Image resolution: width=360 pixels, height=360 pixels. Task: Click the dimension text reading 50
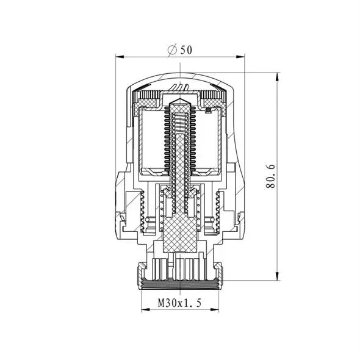click(185, 50)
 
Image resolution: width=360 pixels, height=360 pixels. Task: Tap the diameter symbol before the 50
click(173, 50)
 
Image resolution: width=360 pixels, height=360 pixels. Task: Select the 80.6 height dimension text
click(270, 176)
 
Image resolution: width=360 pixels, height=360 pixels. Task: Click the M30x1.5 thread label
click(179, 303)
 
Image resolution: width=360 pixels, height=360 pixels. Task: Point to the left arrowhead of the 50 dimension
click(120, 57)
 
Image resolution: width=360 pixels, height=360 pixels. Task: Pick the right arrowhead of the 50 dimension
click(240, 57)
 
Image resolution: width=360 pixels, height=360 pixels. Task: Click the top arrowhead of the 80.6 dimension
click(278, 77)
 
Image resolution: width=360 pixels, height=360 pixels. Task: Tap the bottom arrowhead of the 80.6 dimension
click(278, 276)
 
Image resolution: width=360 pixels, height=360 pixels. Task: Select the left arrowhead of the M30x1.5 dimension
click(145, 310)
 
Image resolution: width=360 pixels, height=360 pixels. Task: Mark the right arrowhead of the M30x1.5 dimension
click(215, 310)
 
